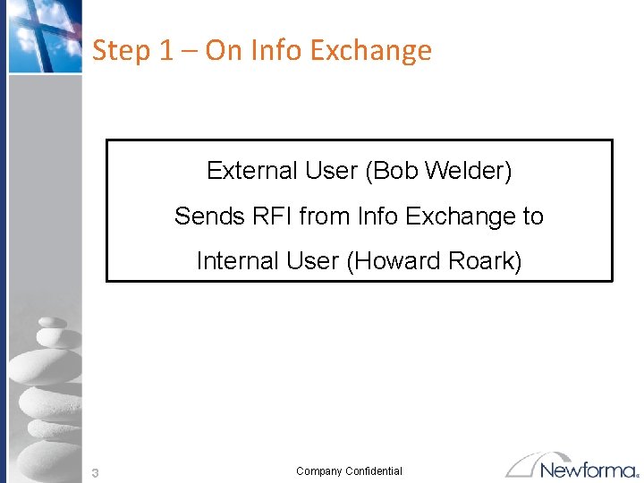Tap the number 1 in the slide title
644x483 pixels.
point(166,51)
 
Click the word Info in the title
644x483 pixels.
point(275,51)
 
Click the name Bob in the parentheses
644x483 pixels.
point(394,171)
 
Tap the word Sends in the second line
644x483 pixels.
point(201,216)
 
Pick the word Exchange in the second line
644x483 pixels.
point(462,216)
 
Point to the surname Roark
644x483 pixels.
point(486,261)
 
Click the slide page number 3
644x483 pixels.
point(95,472)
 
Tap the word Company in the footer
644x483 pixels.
point(319,471)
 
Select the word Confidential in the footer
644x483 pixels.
point(374,471)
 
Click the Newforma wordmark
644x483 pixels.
point(589,470)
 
